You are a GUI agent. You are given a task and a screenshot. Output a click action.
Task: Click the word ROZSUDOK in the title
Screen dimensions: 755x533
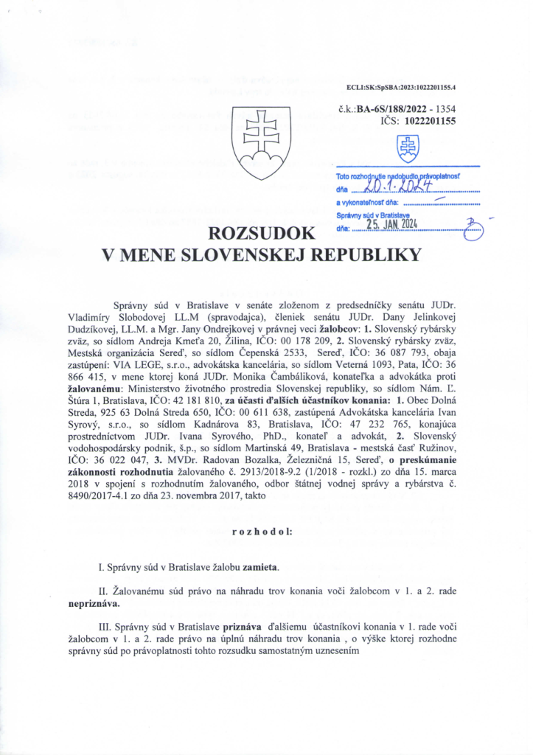262,234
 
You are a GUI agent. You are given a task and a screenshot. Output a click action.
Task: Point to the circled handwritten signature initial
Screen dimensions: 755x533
473,230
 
